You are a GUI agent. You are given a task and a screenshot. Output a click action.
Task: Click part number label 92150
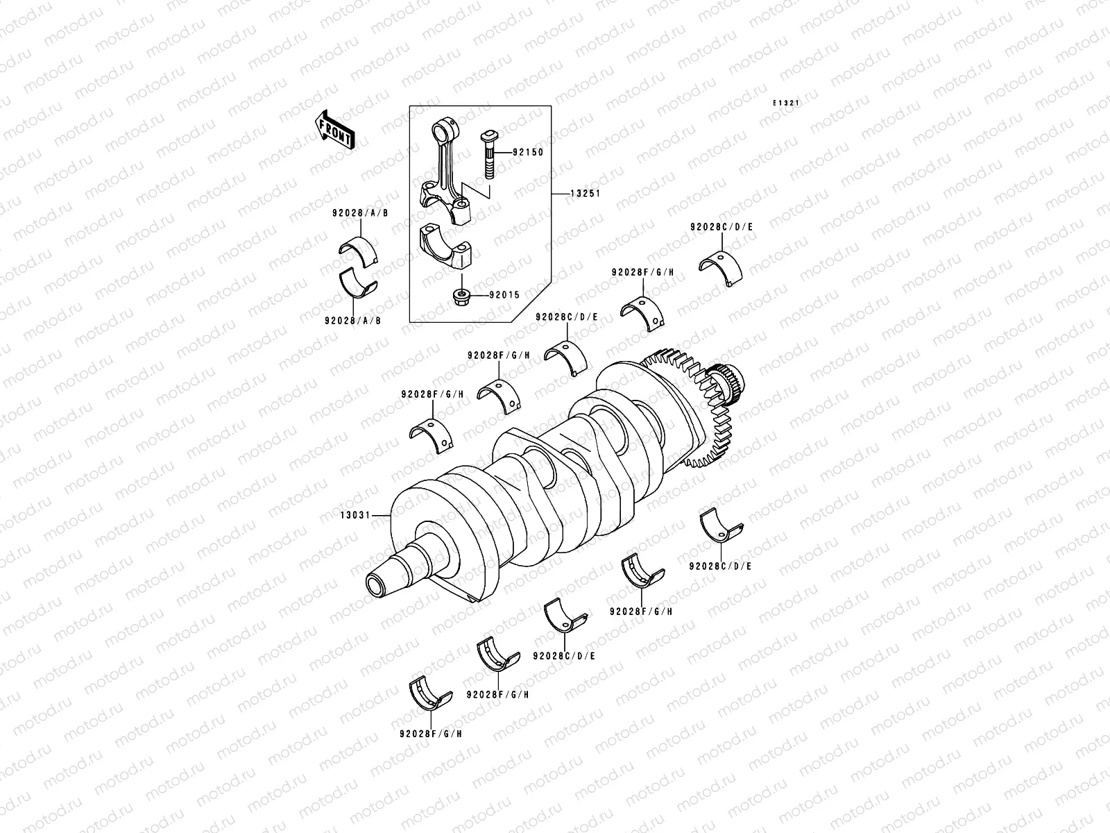[528, 152]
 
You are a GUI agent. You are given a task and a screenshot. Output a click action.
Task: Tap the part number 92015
[504, 294]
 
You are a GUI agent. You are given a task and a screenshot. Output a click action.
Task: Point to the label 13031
[355, 516]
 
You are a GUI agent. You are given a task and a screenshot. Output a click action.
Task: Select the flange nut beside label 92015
[461, 297]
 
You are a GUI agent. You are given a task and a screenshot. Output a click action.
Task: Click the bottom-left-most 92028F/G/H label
[431, 733]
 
